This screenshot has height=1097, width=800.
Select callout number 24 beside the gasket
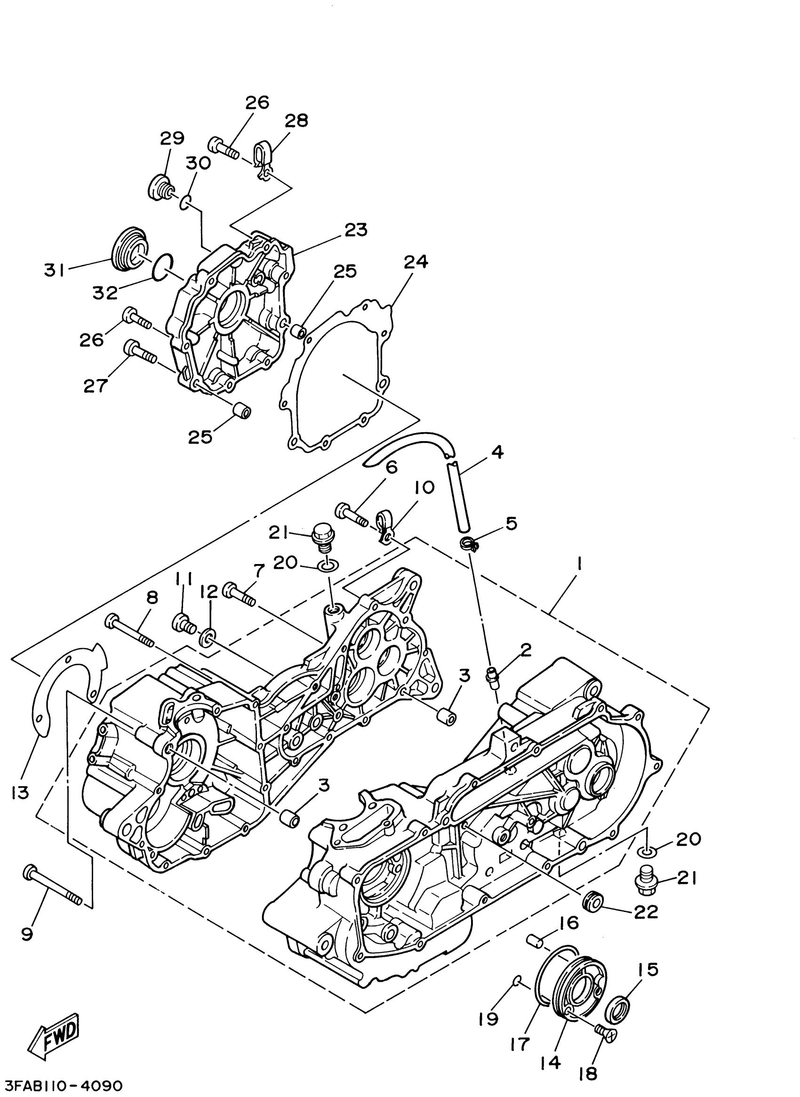416,262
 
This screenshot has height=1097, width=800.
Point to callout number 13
21,793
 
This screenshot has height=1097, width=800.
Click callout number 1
580,564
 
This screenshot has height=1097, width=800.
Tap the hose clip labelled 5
470,543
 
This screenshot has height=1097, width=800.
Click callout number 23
356,230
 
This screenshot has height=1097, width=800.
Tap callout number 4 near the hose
497,452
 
